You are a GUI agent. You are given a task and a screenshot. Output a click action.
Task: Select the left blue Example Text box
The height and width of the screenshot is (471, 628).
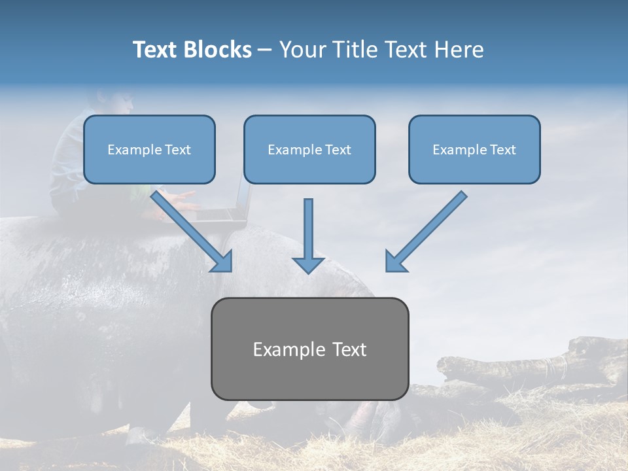149,149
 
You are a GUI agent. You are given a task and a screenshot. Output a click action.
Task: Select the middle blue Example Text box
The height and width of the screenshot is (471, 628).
309,149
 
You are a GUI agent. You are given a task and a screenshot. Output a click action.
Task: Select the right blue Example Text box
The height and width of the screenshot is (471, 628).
474,149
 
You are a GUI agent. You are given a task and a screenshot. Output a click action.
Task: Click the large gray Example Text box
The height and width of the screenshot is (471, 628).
309,349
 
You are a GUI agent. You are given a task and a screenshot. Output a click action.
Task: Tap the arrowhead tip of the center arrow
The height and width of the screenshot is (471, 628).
308,271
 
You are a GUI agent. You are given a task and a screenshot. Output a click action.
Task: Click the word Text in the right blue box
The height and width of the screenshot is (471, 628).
502,150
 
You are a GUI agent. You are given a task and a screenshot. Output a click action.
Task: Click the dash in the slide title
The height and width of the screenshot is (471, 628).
264,50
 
